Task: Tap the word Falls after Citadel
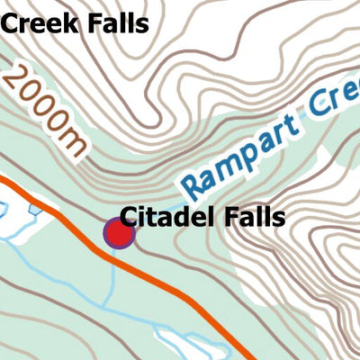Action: (x=256, y=217)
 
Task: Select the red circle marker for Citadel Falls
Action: (x=119, y=234)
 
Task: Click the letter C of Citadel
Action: (x=130, y=217)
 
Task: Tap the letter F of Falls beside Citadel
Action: (x=232, y=217)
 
